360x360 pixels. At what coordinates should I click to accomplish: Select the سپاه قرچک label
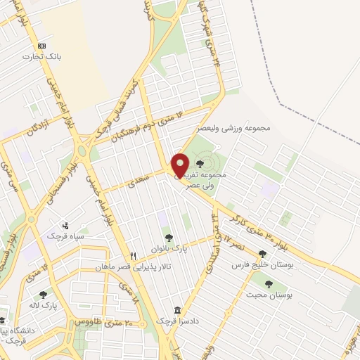click(x=63, y=236)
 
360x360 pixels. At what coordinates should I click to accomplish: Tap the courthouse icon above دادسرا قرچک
click(x=177, y=309)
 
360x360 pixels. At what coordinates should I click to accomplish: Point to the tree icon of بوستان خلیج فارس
click(x=262, y=255)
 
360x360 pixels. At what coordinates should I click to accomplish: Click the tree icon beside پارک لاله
click(x=43, y=296)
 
